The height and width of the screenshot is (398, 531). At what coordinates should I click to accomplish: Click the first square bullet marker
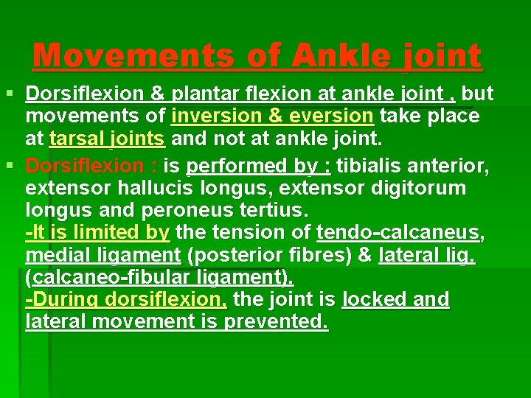[10, 94]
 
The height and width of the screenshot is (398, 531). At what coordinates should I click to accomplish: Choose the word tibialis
[370, 164]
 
